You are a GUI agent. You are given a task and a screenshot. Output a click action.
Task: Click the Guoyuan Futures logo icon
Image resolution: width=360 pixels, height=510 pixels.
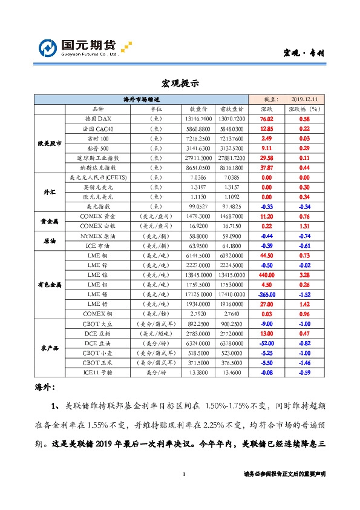[48, 48]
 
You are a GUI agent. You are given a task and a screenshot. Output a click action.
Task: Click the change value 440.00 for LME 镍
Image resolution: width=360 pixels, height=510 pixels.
[266, 274]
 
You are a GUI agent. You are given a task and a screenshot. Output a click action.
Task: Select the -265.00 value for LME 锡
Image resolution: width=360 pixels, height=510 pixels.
[266, 294]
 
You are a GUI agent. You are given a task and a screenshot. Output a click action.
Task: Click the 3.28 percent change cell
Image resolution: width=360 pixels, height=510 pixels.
[304, 274]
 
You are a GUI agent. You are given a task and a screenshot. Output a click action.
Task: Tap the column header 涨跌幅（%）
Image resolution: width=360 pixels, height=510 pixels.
[304, 109]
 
